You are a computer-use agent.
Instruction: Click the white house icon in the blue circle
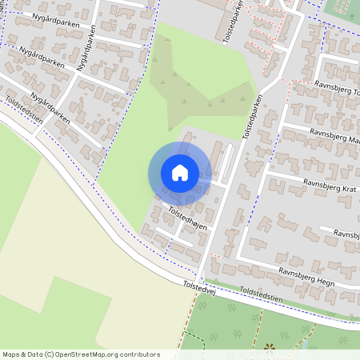click(x=180, y=172)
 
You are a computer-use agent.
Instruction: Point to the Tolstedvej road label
click(x=200, y=286)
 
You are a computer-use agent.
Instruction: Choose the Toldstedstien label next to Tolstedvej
click(x=260, y=296)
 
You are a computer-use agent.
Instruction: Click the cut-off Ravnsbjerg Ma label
click(x=336, y=138)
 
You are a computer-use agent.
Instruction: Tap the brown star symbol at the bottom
click(x=270, y=349)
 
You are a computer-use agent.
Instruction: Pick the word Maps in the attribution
click(x=12, y=354)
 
